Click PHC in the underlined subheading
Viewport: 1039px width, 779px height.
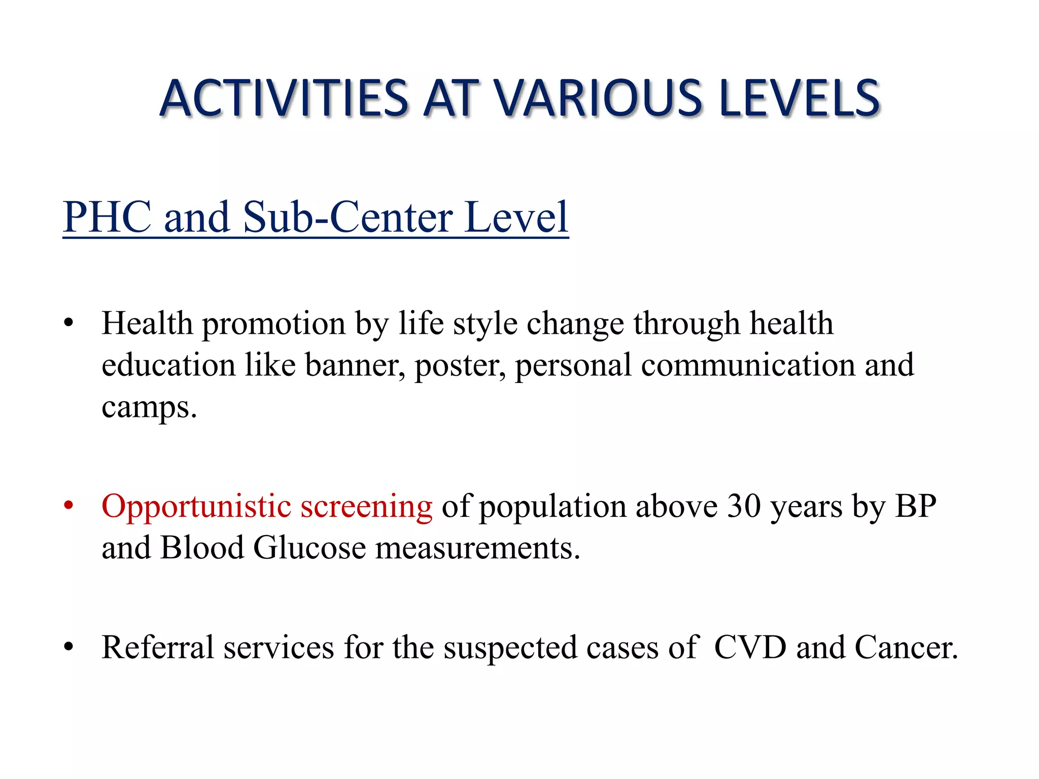[x=107, y=217]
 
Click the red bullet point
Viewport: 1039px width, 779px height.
[x=69, y=506]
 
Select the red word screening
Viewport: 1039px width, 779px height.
[x=366, y=507]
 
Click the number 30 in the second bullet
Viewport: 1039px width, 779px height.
[x=744, y=506]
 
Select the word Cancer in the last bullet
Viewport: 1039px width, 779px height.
[x=906, y=648]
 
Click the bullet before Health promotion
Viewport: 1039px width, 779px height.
[x=69, y=324]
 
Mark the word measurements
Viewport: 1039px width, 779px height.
[x=477, y=548]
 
